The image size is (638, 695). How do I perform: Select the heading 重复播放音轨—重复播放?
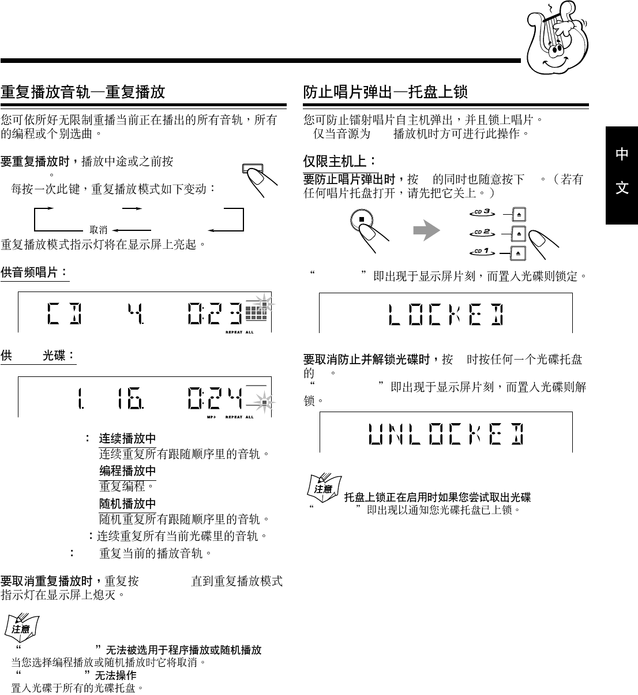click(83, 92)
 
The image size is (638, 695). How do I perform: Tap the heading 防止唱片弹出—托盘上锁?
click(385, 92)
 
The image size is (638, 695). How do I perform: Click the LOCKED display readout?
click(446, 313)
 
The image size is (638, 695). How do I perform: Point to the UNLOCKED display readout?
click(446, 432)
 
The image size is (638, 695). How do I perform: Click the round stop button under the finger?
click(361, 219)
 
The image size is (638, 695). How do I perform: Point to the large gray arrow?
click(426, 231)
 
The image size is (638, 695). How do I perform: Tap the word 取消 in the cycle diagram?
click(99, 230)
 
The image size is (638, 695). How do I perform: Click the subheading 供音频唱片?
click(34, 272)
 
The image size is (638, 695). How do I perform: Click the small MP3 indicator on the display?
click(211, 417)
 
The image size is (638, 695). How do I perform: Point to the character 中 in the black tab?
click(622, 154)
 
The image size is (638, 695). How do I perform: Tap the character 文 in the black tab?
click(622, 188)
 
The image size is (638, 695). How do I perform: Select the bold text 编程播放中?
click(127, 471)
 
